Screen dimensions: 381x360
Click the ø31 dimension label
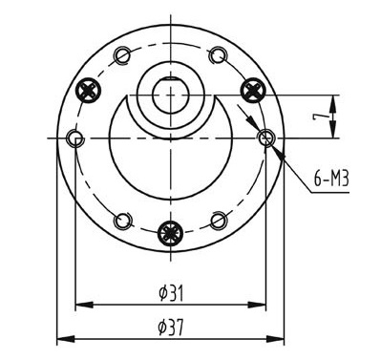pyautogui.click(x=171, y=293)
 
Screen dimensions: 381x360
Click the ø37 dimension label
pyautogui.click(x=171, y=328)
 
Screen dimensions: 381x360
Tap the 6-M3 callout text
pyautogui.click(x=331, y=180)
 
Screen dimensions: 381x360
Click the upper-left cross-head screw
pyautogui.click(x=88, y=91)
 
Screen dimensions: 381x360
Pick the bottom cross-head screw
pyautogui.click(x=171, y=233)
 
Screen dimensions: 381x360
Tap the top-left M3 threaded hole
pyautogui.click(x=122, y=55)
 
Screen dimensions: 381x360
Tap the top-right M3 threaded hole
pyautogui.click(x=219, y=55)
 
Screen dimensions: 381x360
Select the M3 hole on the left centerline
pyautogui.click(x=75, y=138)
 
